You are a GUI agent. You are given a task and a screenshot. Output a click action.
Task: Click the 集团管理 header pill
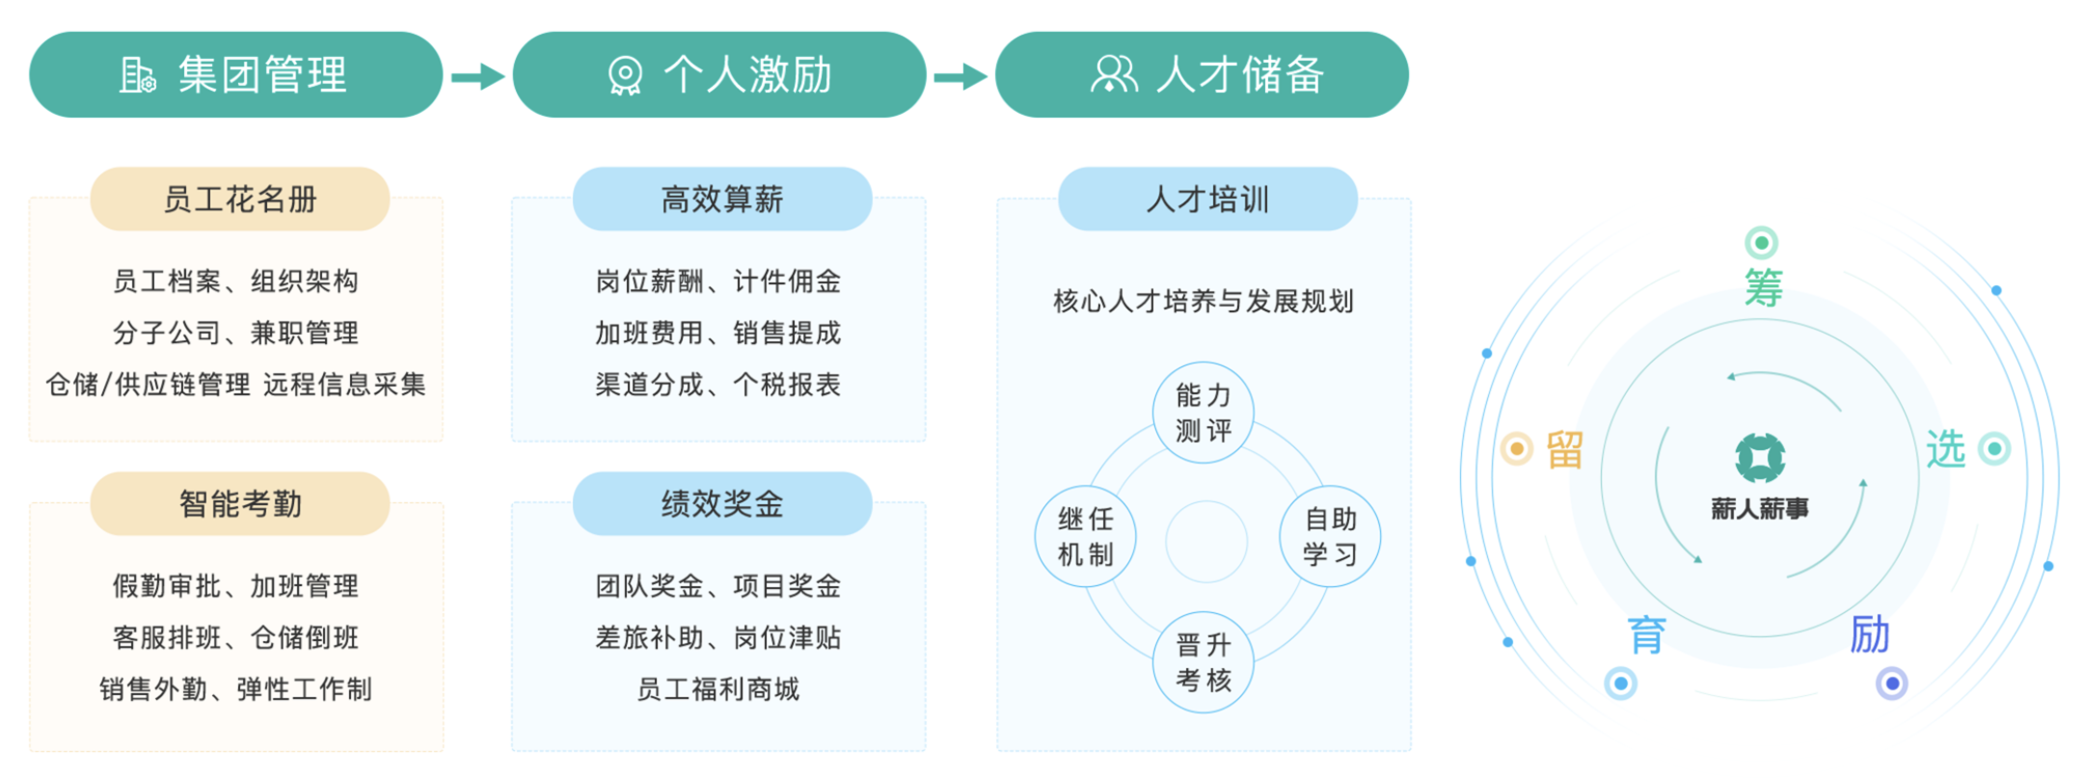[236, 75]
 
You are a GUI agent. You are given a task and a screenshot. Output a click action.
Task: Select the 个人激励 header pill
[719, 75]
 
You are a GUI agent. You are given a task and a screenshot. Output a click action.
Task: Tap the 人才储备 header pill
[1202, 75]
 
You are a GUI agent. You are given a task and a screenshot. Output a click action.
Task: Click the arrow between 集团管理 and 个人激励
[478, 76]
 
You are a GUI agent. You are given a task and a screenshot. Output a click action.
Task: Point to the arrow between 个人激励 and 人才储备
[960, 76]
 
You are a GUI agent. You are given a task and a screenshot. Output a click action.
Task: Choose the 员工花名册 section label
[240, 200]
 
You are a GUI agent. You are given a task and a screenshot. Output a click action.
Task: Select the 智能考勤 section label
[240, 503]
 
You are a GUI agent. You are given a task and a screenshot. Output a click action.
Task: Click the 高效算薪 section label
[722, 200]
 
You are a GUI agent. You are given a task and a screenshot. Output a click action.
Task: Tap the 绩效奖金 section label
[722, 503]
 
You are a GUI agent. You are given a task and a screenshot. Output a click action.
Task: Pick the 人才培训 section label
[1207, 200]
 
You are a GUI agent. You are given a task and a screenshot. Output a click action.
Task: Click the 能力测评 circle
[1204, 413]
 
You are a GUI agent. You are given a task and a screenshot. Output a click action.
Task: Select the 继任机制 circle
[1086, 537]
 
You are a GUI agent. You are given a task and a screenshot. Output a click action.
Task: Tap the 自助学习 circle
[1331, 537]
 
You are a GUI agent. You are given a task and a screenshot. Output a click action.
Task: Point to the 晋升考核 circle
[1204, 662]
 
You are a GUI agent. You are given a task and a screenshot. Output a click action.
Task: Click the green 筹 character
[1764, 288]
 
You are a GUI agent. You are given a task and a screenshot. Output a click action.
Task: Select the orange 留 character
[1565, 449]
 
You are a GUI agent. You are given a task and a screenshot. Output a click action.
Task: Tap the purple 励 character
[1870, 634]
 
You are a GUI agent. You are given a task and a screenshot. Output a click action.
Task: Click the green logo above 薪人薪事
[1760, 457]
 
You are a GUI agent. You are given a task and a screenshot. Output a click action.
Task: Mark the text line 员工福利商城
[718, 689]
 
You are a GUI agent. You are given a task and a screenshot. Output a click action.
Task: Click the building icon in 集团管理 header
[137, 75]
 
